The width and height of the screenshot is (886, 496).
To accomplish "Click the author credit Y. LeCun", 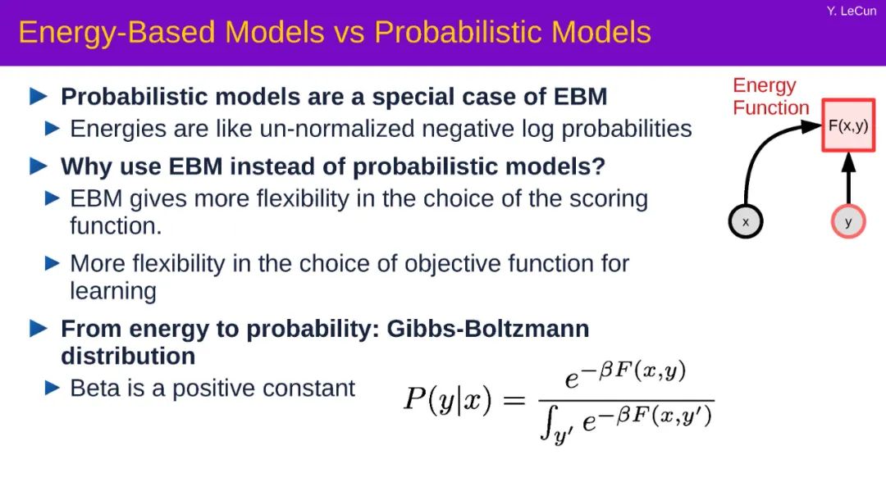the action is click(851, 11).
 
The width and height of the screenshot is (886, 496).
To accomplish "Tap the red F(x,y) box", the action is click(848, 125).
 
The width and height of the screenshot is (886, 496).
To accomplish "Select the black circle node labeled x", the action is click(745, 221).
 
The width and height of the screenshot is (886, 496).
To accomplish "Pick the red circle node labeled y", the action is click(848, 221).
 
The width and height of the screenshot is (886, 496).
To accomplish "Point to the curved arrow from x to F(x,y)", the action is click(762, 147).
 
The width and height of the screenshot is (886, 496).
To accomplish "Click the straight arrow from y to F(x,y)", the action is click(848, 179).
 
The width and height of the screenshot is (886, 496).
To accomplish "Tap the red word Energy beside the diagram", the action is click(764, 86).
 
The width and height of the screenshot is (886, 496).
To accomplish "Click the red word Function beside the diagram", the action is click(770, 107).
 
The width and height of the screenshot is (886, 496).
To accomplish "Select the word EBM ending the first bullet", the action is click(580, 97).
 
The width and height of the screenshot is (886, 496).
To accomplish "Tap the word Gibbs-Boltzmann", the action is click(487, 329).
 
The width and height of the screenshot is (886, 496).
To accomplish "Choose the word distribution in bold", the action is click(128, 356).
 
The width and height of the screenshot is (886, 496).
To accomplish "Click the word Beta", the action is click(90, 388).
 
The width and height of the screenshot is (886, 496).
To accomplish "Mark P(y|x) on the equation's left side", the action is click(448, 399).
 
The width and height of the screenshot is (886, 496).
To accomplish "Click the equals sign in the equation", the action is click(514, 401).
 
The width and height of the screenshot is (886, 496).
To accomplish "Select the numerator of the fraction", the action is click(625, 375).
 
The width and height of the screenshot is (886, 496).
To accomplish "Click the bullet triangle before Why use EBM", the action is click(39, 166).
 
